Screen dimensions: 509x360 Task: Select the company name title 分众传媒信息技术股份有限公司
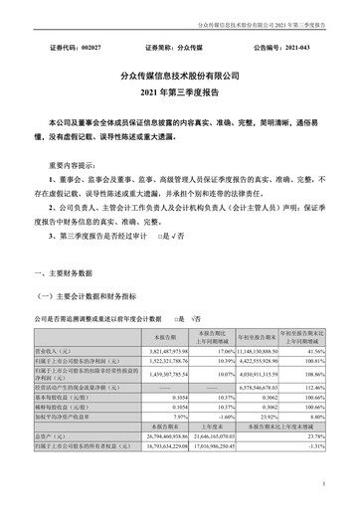pos(180,75)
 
